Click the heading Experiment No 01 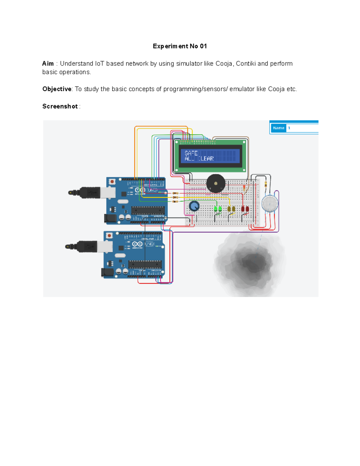point(180,46)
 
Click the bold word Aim point(48,64)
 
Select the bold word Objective point(57,89)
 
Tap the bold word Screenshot point(60,107)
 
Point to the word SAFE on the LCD point(191,153)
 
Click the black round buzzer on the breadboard point(216,183)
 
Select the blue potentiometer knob point(194,206)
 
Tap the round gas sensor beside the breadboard point(270,203)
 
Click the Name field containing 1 point(302,128)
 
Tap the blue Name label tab point(278,128)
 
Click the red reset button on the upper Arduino point(112,182)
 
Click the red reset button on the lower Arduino point(109,236)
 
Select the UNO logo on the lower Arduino point(149,244)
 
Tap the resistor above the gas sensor point(266,184)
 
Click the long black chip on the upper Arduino point(148,210)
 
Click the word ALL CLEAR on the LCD point(199,159)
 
